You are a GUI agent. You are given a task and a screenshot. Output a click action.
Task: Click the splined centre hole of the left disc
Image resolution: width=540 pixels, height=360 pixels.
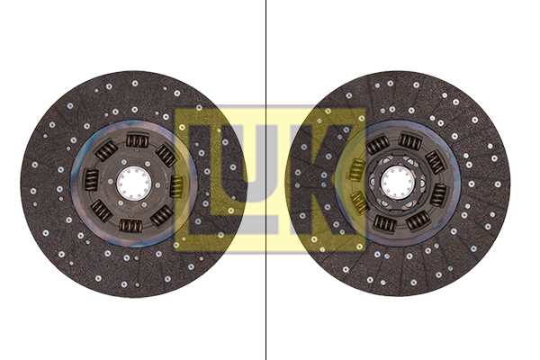133,183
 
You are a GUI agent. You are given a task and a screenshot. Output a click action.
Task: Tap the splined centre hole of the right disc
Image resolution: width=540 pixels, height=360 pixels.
398,182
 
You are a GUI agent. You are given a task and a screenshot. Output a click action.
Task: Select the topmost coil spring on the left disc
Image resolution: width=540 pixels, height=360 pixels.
138,140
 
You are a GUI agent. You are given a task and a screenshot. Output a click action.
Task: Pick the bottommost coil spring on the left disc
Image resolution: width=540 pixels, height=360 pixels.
130,226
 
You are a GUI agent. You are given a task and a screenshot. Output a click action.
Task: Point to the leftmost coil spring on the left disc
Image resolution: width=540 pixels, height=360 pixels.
91,180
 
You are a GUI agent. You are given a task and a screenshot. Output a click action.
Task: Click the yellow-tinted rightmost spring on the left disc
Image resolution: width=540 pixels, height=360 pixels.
176,186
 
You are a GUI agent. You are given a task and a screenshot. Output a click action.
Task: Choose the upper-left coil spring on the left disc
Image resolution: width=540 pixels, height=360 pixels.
106,150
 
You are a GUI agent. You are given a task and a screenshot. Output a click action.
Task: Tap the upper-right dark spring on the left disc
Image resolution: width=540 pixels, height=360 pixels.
166,155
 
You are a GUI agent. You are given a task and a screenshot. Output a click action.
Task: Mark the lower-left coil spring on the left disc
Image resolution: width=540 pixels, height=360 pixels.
101,211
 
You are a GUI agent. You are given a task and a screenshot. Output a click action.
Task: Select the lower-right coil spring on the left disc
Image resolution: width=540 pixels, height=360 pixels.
161,216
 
